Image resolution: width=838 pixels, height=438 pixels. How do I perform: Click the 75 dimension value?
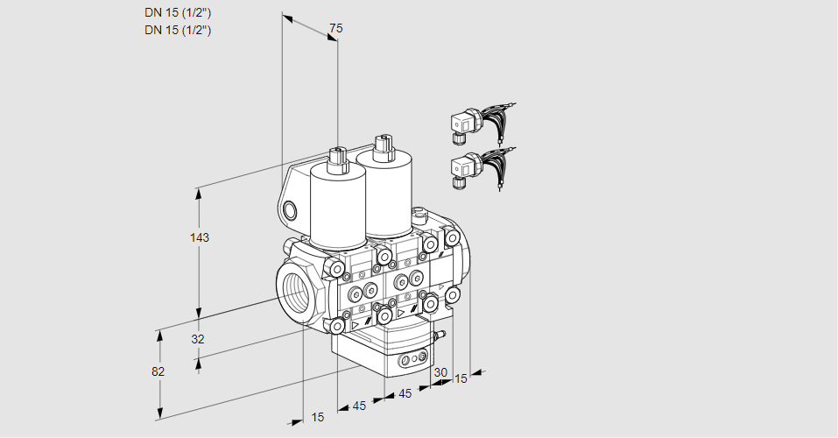(x=335, y=29)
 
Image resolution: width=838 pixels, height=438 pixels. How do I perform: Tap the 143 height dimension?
(x=201, y=237)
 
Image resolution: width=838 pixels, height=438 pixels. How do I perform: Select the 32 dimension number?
(x=198, y=339)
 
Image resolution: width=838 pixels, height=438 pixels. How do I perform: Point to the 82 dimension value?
(x=158, y=371)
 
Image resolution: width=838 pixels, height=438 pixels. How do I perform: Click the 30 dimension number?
(x=440, y=372)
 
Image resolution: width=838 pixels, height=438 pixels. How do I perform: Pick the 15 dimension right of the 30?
(x=461, y=378)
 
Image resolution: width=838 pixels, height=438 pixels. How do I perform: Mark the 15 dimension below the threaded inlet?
(x=318, y=417)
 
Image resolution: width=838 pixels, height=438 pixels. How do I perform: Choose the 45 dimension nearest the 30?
(x=404, y=393)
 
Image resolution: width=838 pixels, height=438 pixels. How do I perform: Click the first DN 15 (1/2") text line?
(x=179, y=13)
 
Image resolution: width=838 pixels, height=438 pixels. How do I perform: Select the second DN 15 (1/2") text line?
(x=179, y=30)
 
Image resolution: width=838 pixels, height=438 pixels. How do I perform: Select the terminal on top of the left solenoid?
(x=337, y=159)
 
